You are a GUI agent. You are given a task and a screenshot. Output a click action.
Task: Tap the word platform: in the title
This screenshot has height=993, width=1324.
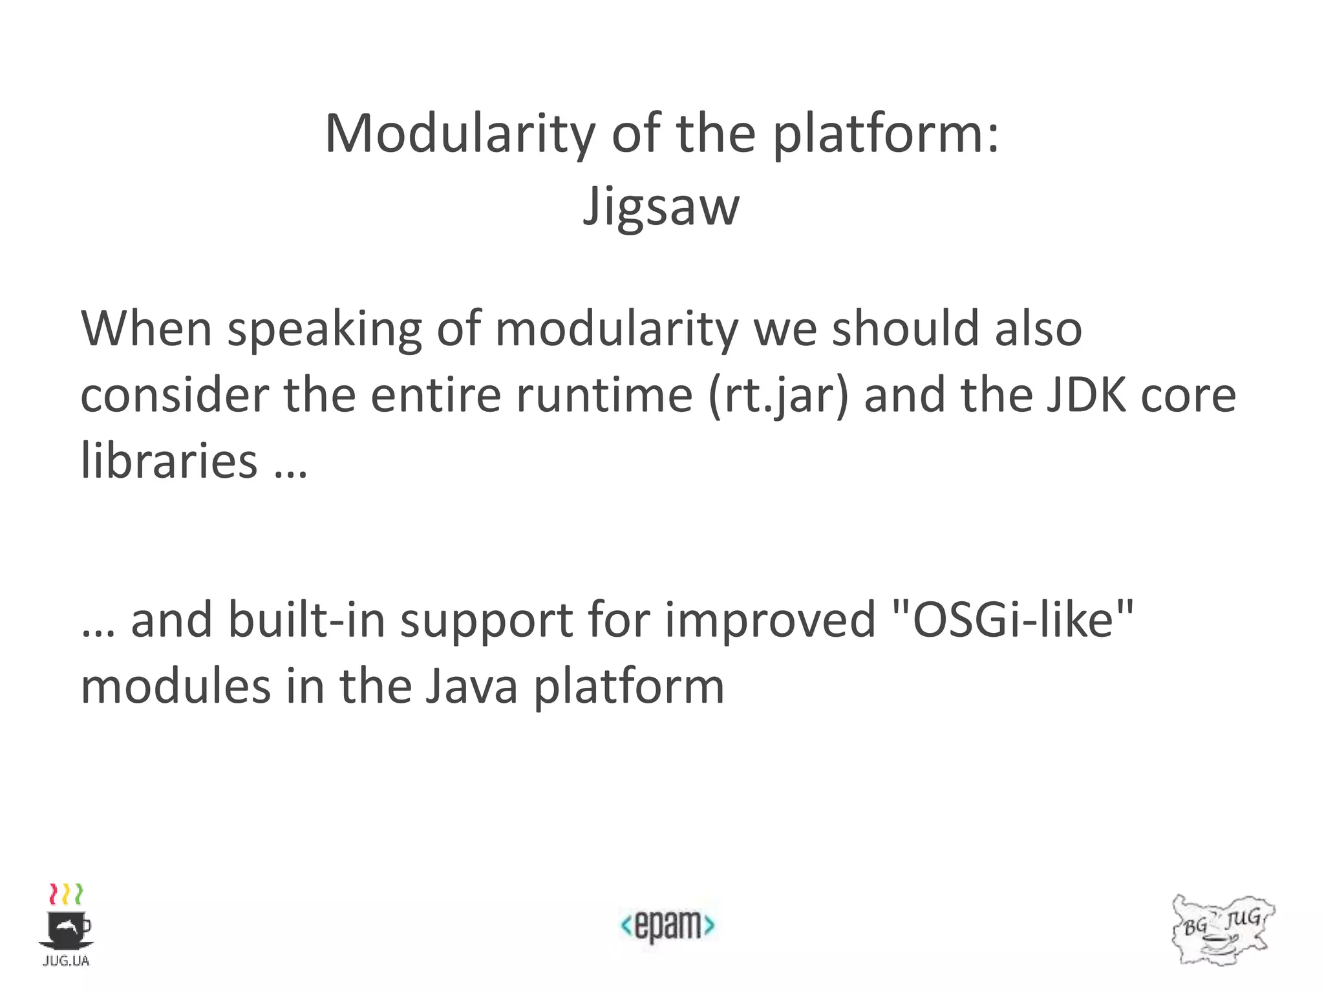[x=886, y=134]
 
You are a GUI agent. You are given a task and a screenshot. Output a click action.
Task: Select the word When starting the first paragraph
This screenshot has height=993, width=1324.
[x=146, y=329]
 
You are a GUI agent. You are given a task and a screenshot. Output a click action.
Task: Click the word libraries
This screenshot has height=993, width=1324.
[x=169, y=461]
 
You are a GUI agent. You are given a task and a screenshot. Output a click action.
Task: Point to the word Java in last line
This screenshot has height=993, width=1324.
[x=471, y=686]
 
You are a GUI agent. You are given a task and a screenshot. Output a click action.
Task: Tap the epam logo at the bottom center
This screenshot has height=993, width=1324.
[x=667, y=926]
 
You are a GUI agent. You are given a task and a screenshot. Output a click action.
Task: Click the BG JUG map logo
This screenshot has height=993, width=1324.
[x=1222, y=930]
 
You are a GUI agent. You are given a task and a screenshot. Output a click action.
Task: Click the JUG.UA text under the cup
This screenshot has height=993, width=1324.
[x=65, y=961]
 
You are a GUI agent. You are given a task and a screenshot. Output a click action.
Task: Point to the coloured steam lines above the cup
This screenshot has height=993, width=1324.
[x=66, y=894]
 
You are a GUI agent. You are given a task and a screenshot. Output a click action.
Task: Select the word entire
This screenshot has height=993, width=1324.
[x=436, y=395]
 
